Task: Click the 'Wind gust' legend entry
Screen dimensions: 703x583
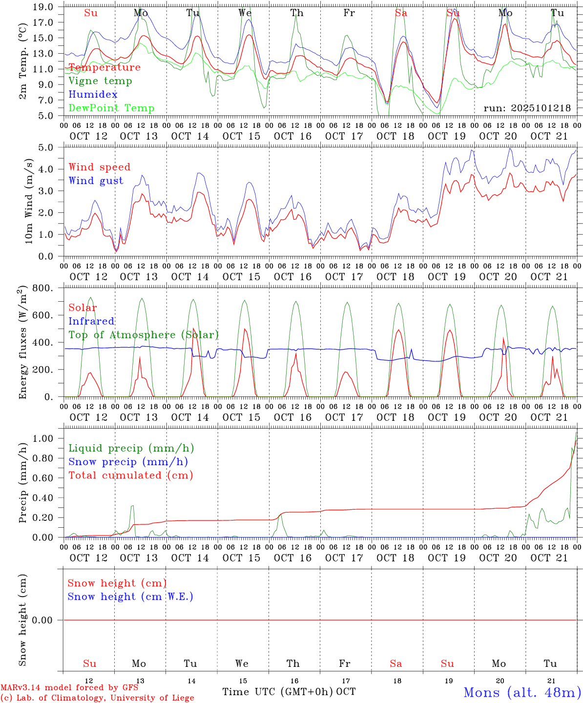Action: click(96, 181)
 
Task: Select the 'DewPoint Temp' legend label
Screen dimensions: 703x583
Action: click(111, 108)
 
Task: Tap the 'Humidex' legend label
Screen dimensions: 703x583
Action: click(93, 94)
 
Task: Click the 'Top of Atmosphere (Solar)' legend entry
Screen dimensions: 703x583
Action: click(143, 335)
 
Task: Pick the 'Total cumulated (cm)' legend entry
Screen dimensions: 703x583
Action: click(130, 475)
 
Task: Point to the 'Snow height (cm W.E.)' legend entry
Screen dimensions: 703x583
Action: click(130, 597)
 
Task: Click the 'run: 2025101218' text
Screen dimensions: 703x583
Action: click(527, 108)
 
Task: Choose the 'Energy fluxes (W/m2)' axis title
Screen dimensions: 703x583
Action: click(22, 343)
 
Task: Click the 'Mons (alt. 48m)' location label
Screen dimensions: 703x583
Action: click(522, 692)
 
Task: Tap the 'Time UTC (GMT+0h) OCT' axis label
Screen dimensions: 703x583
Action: click(289, 692)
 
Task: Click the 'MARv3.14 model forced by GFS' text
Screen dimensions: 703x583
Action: click(69, 688)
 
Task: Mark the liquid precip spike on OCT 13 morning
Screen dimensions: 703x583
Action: click(132, 506)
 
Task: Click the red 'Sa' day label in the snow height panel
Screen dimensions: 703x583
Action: click(396, 663)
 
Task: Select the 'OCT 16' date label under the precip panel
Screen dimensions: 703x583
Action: click(292, 558)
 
